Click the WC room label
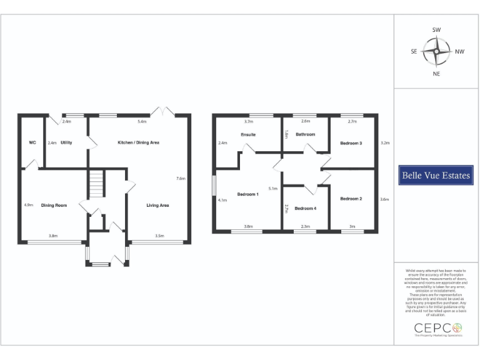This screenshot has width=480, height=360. point(32,142)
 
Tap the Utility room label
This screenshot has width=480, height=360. point(66,142)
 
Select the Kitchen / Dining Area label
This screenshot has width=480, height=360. point(139,142)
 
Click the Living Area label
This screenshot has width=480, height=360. point(158,205)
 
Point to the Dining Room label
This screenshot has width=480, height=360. point(54,205)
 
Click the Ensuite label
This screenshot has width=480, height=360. point(248,134)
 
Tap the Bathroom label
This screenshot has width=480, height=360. point(305,134)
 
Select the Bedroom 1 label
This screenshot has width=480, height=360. point(247,194)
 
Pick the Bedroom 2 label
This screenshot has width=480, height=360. point(351,199)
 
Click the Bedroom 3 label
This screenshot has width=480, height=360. point(351,143)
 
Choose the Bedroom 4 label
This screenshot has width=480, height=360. point(306,208)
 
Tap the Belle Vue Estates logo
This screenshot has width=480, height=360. point(435,176)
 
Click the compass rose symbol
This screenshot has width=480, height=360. point(436,52)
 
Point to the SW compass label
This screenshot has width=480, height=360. point(436,30)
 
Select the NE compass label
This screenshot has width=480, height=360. point(436,74)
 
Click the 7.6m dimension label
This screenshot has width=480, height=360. point(181,179)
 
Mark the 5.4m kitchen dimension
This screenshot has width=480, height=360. point(142,121)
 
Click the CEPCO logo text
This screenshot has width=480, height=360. point(437,327)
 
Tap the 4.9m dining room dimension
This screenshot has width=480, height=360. point(28,204)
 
